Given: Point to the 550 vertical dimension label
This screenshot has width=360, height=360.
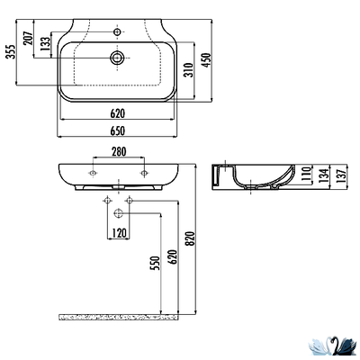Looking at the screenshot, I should pyautogui.click(x=154, y=264).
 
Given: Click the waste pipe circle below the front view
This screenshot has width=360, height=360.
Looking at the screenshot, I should pyautogui.click(x=118, y=213).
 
